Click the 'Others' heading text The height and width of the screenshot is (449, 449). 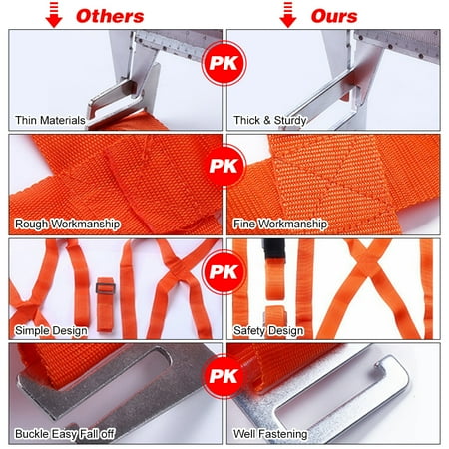(110, 15)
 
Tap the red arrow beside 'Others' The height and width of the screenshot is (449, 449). (56, 15)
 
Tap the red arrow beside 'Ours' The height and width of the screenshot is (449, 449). (289, 15)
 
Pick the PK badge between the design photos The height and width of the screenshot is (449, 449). (224, 270)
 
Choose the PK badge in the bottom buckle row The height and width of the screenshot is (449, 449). (224, 376)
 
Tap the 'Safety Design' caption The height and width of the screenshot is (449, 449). (267, 329)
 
